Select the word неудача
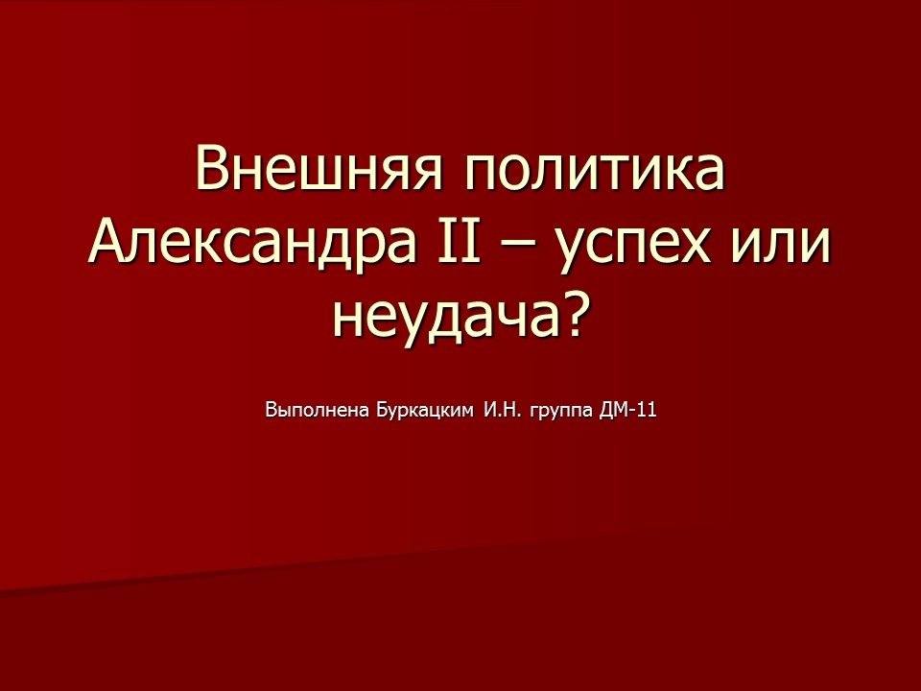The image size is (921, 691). (x=445, y=318)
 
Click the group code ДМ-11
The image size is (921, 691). (x=627, y=411)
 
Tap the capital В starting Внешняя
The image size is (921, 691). (x=213, y=170)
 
